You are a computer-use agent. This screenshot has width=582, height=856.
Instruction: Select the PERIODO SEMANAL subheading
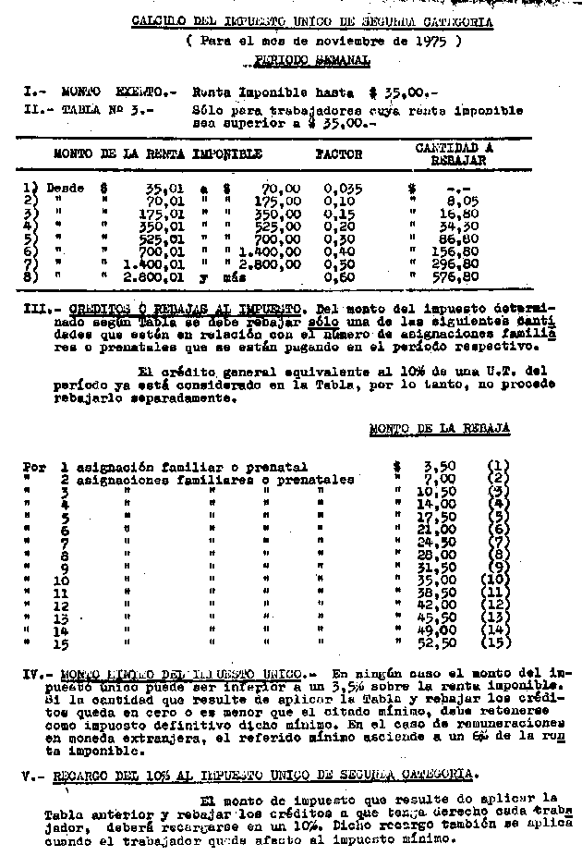(x=311, y=61)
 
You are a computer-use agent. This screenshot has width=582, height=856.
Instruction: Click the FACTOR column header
(x=339, y=154)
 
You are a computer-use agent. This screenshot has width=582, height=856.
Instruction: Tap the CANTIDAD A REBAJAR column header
(x=453, y=153)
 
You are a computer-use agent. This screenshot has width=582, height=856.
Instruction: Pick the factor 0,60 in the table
(x=341, y=275)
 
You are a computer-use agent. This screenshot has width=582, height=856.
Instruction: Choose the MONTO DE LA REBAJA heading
(x=439, y=428)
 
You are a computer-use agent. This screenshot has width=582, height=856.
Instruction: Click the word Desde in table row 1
(x=65, y=188)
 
